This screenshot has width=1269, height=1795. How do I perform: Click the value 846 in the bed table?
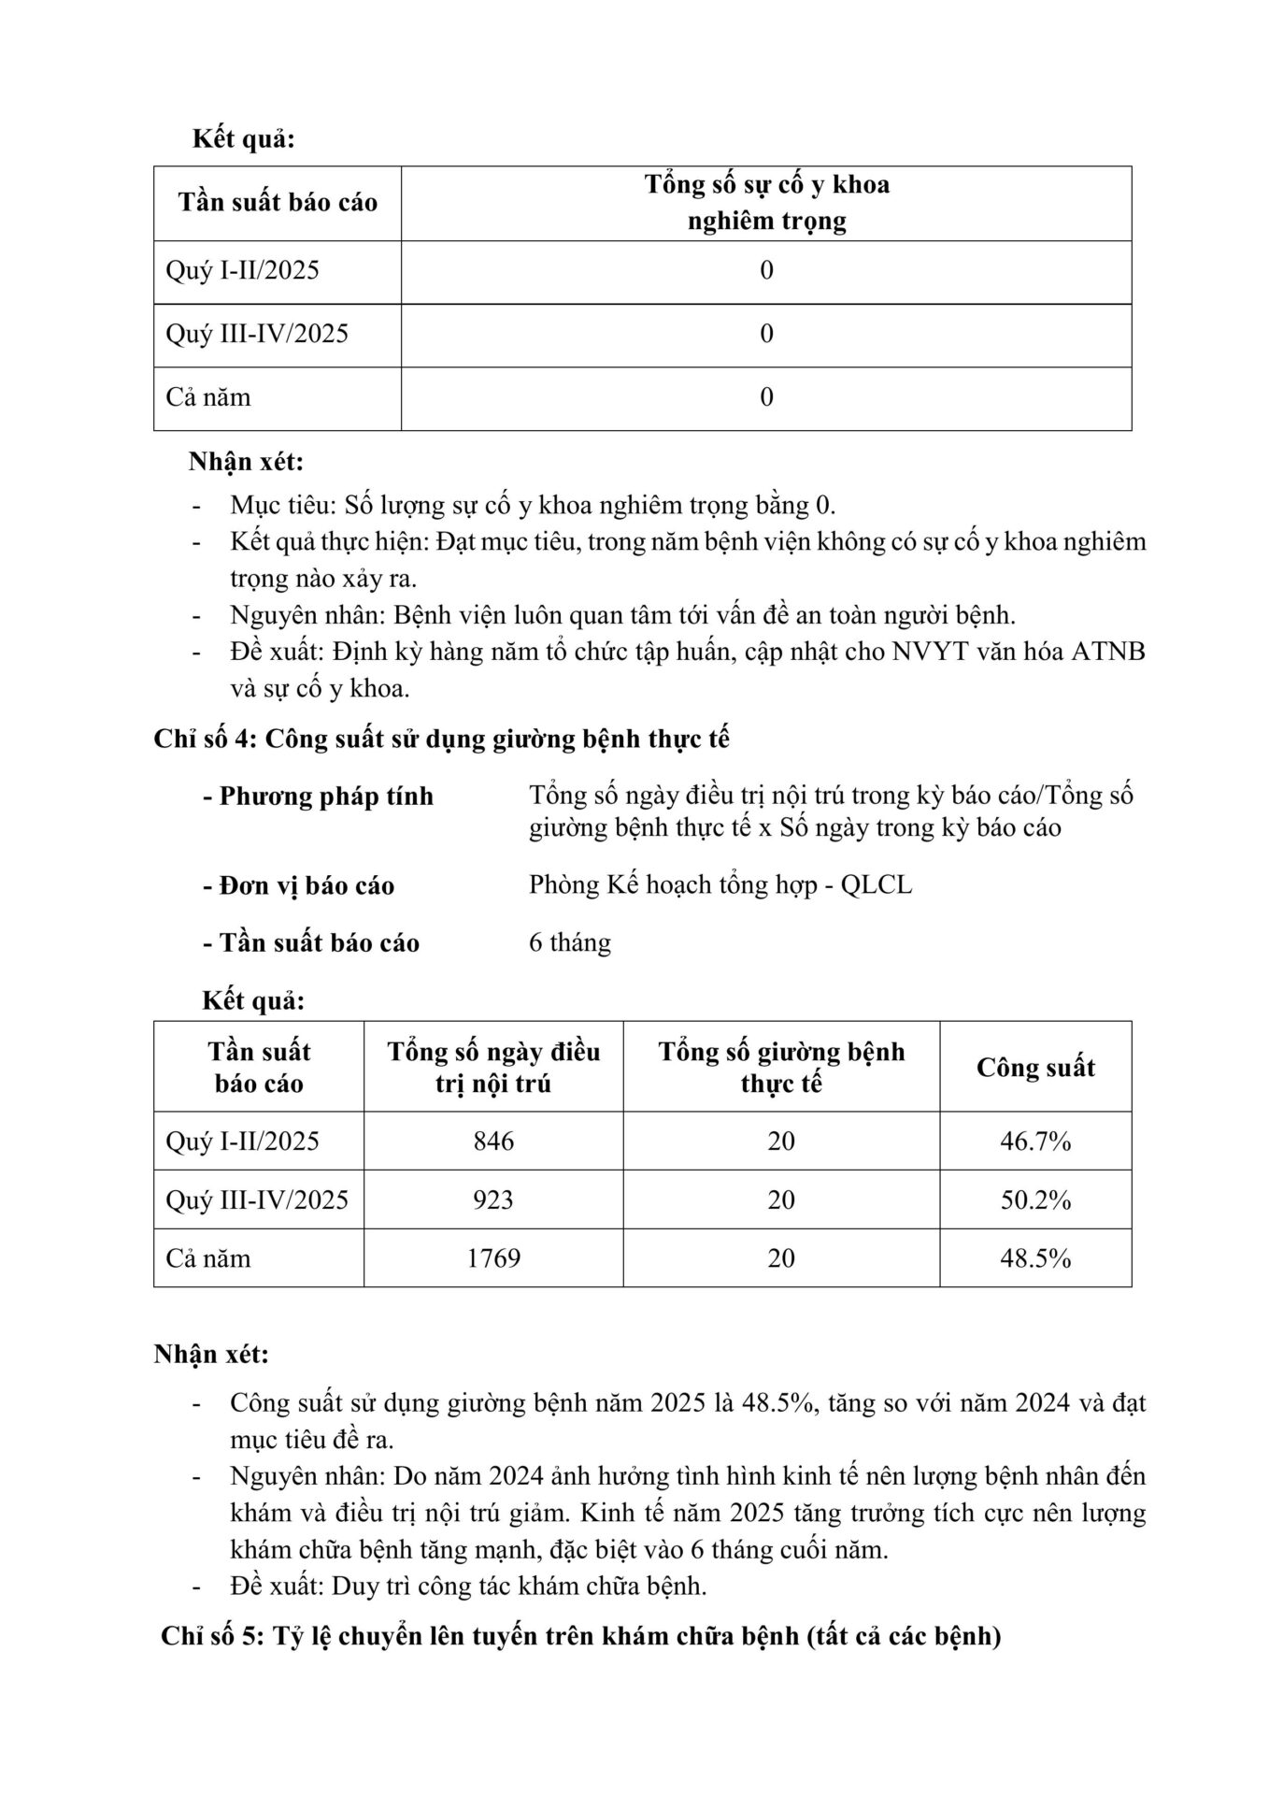click(x=493, y=1141)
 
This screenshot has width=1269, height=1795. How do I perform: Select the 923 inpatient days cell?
click(x=493, y=1199)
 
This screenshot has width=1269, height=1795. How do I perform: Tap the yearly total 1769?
click(x=493, y=1257)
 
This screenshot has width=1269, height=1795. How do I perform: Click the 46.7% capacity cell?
click(x=1035, y=1141)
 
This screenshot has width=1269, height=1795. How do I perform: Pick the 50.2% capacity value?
click(x=1035, y=1199)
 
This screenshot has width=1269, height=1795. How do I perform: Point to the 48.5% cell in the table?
click(x=1035, y=1257)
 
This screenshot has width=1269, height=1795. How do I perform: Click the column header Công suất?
click(x=1035, y=1068)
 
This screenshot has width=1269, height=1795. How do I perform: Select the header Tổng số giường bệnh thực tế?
click(x=781, y=1068)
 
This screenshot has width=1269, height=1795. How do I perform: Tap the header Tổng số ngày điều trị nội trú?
click(x=493, y=1068)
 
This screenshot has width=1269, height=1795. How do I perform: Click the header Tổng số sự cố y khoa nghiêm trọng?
click(x=766, y=203)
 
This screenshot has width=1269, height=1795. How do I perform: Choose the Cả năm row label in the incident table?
click(x=208, y=397)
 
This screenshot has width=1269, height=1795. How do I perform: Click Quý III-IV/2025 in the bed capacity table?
click(x=257, y=1199)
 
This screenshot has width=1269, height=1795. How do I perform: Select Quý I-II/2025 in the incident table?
click(x=242, y=271)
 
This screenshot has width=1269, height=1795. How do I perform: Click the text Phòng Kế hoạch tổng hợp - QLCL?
click(x=720, y=884)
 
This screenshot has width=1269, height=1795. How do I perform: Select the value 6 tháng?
click(x=570, y=942)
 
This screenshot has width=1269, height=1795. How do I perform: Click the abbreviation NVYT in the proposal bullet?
click(x=931, y=652)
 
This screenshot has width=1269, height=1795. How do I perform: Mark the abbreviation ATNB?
click(x=1107, y=652)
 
